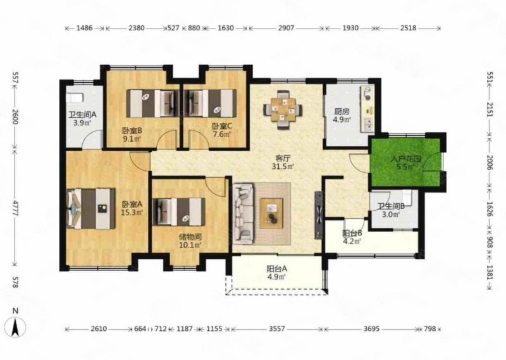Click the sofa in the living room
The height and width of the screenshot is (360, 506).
(x=244, y=213)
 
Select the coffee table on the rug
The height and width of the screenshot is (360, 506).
(x=271, y=210)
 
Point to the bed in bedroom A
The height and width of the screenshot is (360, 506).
(x=90, y=209)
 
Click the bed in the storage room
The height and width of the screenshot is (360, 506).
(x=178, y=211)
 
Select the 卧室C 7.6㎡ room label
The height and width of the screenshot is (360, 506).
(x=222, y=130)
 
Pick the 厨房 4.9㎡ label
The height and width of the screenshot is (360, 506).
(x=342, y=116)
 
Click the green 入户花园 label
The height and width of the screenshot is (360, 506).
(x=406, y=163)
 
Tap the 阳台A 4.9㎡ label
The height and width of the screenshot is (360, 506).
(x=276, y=273)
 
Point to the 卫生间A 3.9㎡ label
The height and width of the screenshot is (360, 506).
(x=82, y=118)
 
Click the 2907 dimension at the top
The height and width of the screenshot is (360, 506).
(x=287, y=28)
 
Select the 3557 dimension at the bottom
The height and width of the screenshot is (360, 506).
(x=277, y=329)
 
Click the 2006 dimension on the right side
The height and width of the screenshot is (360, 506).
(x=490, y=163)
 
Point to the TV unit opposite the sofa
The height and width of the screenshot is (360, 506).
(x=319, y=214)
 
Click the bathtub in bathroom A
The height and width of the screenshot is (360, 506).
(x=75, y=97)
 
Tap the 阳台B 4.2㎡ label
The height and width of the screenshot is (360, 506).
(x=352, y=237)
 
